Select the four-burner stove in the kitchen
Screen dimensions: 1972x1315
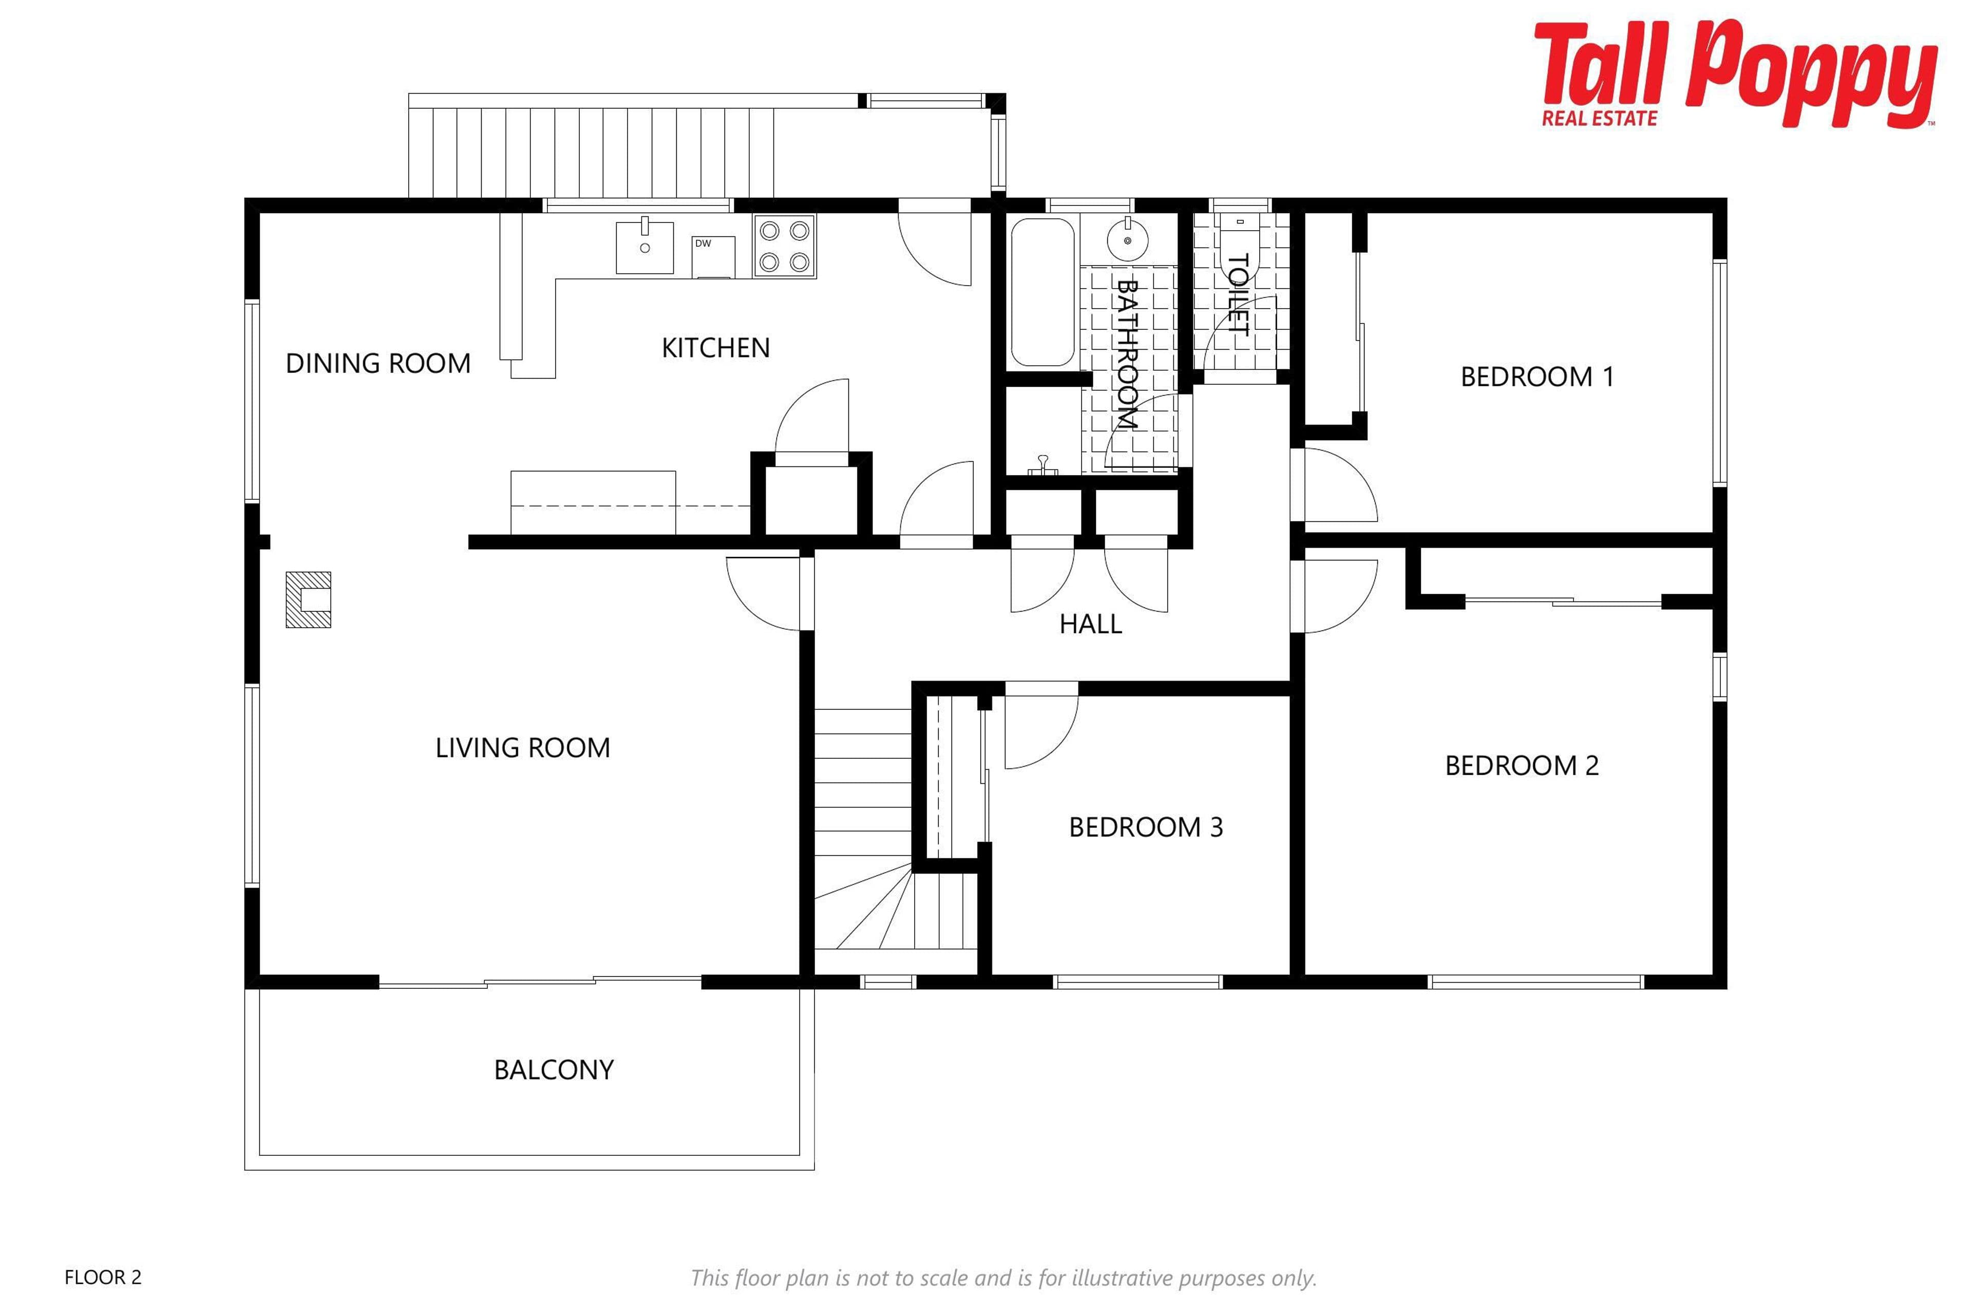[x=784, y=247]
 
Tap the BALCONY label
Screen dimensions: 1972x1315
[x=554, y=1070]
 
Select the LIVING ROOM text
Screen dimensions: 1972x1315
[x=522, y=748]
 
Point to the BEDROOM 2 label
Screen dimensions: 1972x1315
[x=1522, y=766]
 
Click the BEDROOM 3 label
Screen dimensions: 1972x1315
[x=1146, y=828]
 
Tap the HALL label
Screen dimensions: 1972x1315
[x=1091, y=624]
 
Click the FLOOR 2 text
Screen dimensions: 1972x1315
[x=103, y=1278]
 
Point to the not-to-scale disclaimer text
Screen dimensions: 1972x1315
[x=1003, y=1278]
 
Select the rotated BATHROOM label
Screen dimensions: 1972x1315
[x=1126, y=354]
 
